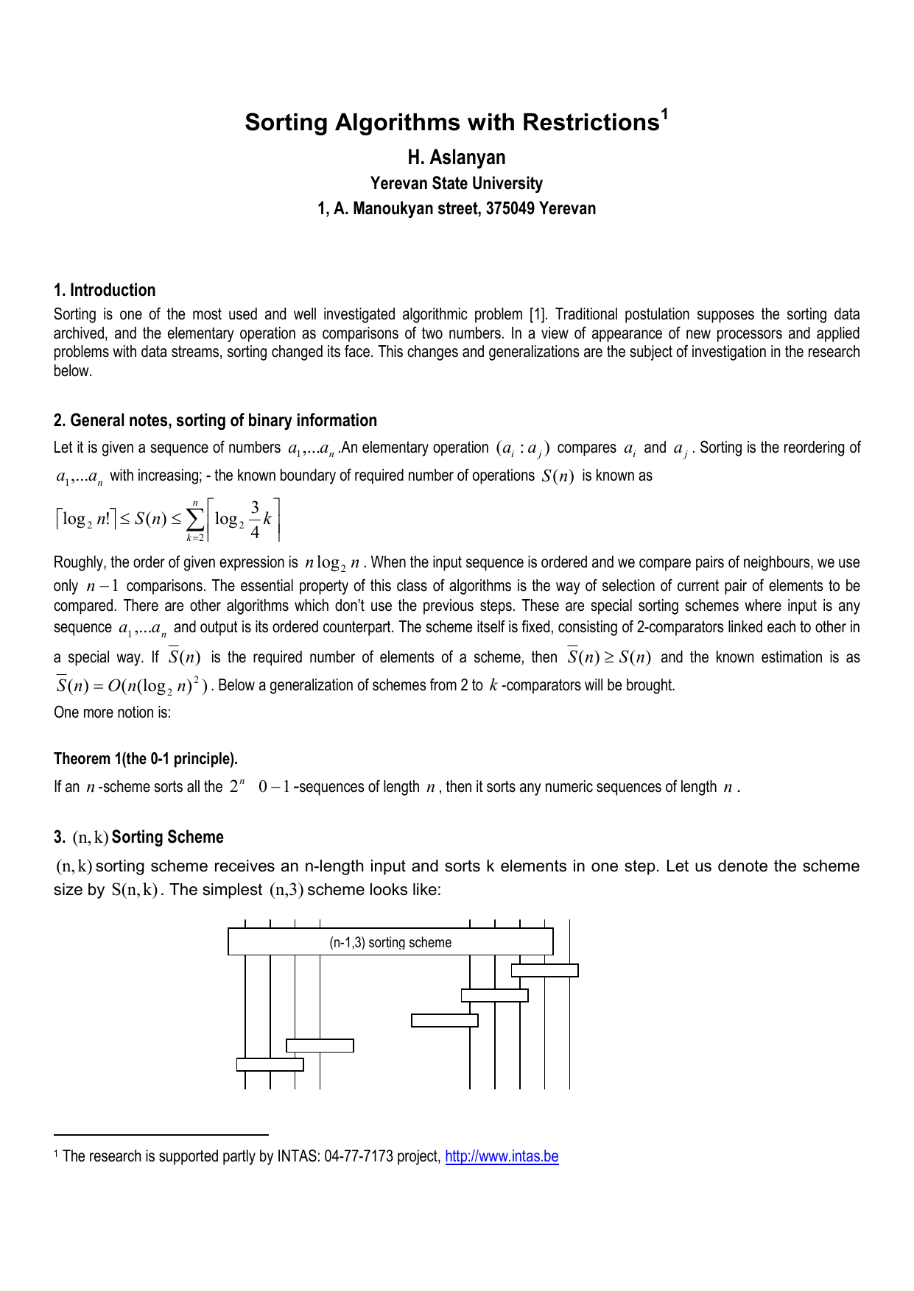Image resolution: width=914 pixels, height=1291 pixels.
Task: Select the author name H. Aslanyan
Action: (x=457, y=158)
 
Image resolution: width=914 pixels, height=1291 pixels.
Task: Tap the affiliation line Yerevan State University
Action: (x=457, y=183)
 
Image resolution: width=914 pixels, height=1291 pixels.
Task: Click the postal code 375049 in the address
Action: (x=510, y=209)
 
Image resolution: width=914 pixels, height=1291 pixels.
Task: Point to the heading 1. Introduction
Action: (x=105, y=290)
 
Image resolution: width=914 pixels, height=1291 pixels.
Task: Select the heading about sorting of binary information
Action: (x=215, y=420)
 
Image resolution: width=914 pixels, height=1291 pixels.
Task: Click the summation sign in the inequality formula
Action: (x=195, y=520)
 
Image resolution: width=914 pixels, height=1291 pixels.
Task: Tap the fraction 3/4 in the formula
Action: (x=255, y=520)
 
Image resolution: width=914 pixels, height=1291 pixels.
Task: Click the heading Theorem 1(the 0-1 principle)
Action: (x=146, y=759)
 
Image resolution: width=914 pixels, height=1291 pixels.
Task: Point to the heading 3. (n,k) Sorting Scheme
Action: (x=138, y=838)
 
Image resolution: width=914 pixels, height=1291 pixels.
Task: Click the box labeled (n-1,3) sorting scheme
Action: (x=390, y=942)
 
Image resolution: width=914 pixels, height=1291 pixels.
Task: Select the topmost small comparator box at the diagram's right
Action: (x=544, y=970)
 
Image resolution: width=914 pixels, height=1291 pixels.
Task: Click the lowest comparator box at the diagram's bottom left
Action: (x=270, y=1064)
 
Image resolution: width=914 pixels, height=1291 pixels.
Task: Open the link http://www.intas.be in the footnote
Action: (x=502, y=1156)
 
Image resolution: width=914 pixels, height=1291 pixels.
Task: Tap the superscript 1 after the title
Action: (x=664, y=113)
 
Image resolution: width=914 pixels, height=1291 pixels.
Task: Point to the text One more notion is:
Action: (x=112, y=712)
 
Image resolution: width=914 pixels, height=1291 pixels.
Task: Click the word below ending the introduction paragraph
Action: (x=72, y=371)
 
